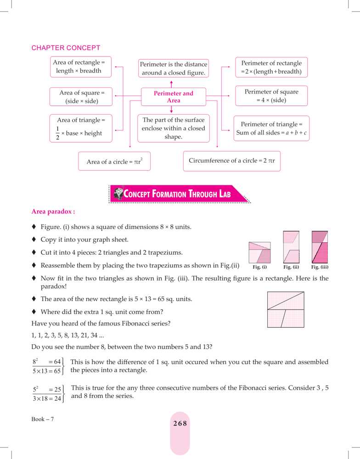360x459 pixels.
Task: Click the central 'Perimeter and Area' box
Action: tap(174, 97)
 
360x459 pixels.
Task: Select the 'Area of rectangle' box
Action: tap(79, 67)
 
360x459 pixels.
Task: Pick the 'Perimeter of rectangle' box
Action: tap(271, 67)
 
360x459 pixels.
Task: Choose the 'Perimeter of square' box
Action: tap(271, 96)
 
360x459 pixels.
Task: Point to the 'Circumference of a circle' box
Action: tap(231, 161)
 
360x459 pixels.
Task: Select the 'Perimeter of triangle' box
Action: tap(271, 129)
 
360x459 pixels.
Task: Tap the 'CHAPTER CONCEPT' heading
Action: tap(66, 48)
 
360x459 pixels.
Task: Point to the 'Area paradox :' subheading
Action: tap(53, 212)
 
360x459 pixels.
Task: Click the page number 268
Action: tap(180, 424)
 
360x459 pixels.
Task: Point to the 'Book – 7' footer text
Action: tap(43, 419)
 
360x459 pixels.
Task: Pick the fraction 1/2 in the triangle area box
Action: tap(57, 133)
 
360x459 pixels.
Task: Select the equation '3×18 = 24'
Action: tap(47, 399)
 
